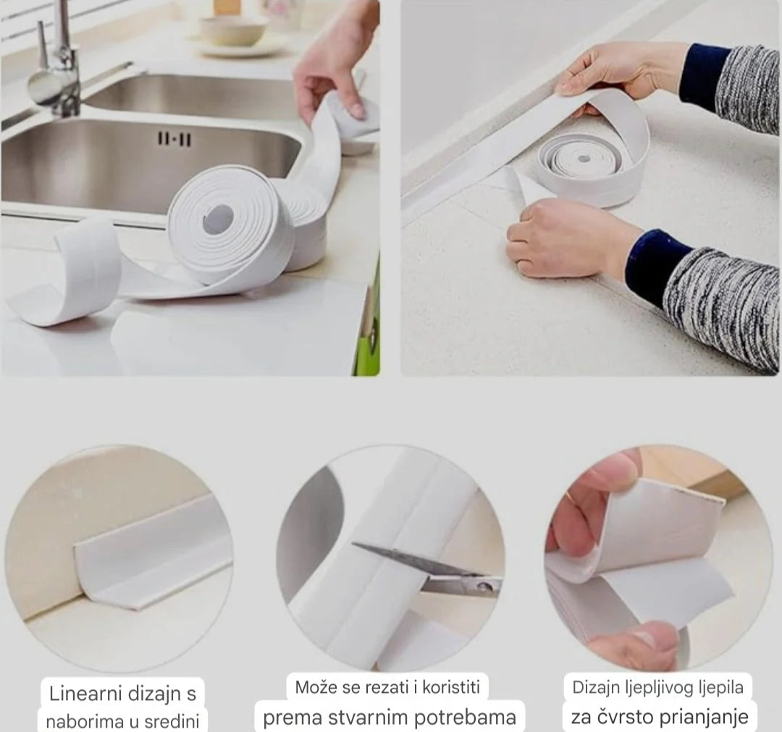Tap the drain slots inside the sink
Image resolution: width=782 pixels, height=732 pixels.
[x=175, y=139]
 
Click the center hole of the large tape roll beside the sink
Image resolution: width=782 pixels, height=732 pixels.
[x=219, y=219]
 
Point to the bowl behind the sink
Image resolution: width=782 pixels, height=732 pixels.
[x=232, y=31]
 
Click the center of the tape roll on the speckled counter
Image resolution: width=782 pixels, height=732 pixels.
[x=584, y=158]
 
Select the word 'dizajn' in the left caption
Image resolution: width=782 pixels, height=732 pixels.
[x=153, y=694]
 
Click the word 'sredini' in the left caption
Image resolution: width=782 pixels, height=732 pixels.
[x=172, y=721]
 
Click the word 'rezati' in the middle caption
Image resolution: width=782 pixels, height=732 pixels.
[x=387, y=687]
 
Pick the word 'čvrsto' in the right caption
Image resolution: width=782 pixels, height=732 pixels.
[x=621, y=717]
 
